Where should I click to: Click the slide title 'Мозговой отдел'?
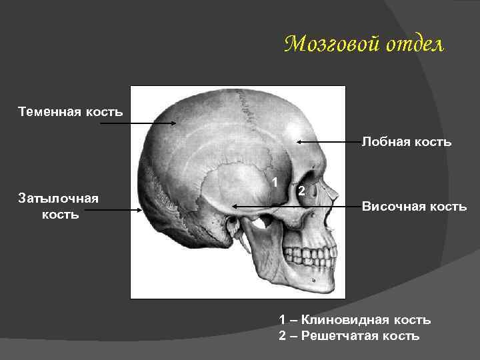[363, 45]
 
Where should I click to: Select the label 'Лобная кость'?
[406, 141]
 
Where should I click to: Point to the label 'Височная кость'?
[414, 206]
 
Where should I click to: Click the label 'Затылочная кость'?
[59, 206]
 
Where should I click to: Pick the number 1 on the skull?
[274, 181]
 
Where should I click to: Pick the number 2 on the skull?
[301, 191]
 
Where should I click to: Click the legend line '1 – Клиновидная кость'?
[355, 320]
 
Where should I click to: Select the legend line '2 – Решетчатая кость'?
[349, 335]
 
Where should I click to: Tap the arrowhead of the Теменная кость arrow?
[175, 123]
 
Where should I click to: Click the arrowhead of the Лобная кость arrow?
[299, 141]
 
